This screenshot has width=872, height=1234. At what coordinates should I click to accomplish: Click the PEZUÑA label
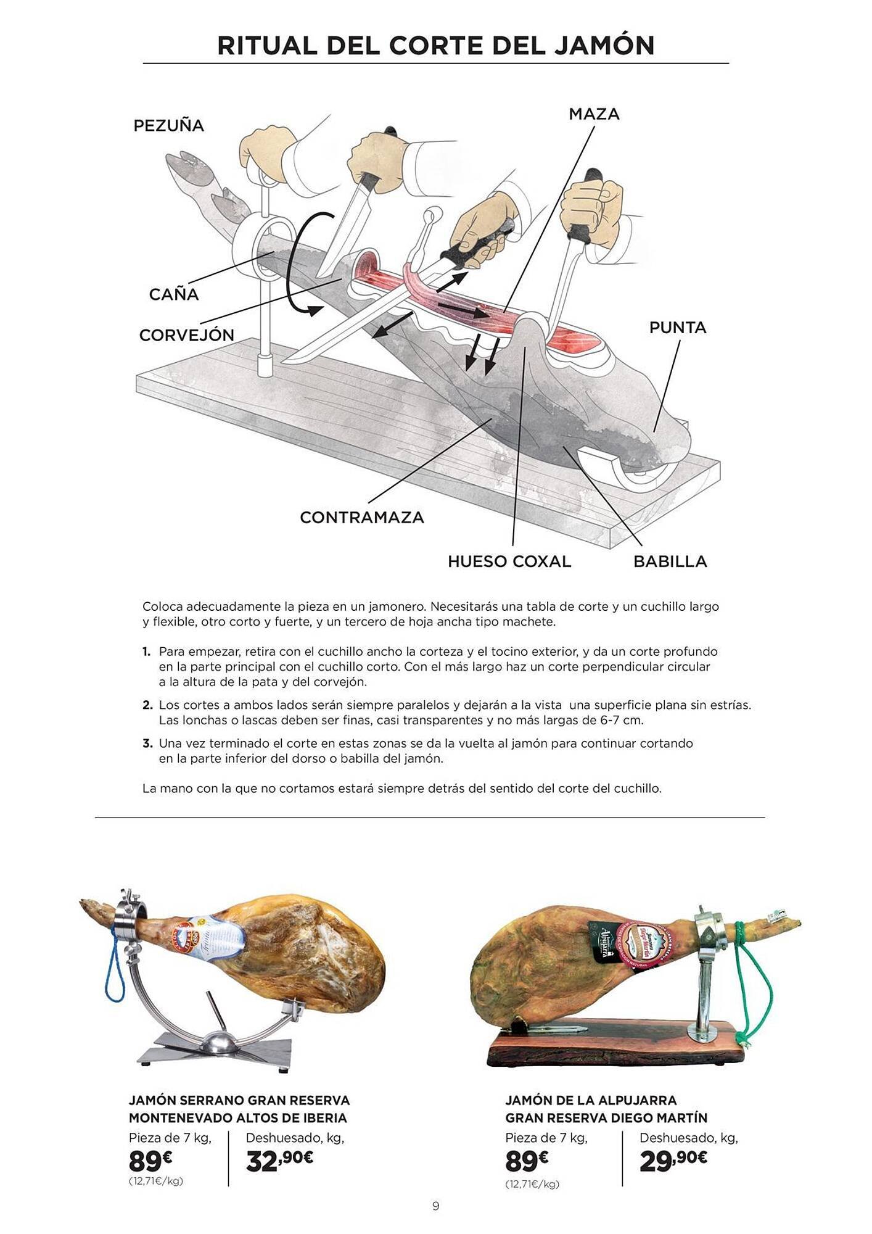click(x=168, y=125)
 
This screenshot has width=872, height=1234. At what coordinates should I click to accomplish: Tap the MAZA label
click(x=594, y=114)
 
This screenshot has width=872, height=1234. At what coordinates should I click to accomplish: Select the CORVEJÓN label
click(x=186, y=335)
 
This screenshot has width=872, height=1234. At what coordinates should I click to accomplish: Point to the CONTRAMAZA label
click(x=362, y=517)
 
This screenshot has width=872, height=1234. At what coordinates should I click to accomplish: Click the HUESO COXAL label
click(x=509, y=561)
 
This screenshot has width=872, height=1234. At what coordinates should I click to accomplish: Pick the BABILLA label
click(x=670, y=561)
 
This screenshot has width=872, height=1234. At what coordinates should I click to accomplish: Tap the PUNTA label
click(x=677, y=328)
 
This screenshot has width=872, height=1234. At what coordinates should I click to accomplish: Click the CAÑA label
click(x=174, y=294)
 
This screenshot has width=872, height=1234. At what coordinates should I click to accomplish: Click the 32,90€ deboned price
click(x=279, y=1161)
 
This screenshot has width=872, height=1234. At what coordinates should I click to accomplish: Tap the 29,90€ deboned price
click(x=673, y=1161)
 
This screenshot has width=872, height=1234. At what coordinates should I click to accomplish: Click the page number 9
click(x=435, y=1206)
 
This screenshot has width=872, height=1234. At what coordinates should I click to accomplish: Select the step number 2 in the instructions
click(x=147, y=705)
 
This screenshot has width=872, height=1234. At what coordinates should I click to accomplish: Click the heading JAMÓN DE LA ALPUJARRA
click(x=591, y=1099)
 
